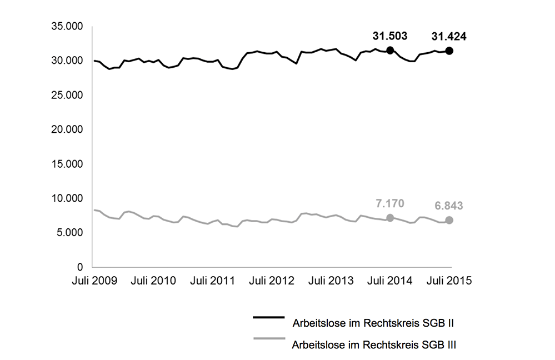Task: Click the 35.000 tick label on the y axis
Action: (67, 26)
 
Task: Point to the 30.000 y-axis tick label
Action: (67, 61)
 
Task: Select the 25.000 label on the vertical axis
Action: (67, 95)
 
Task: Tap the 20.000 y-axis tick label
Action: (67, 129)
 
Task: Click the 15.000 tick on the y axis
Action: (67, 164)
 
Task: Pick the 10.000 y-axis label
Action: (67, 198)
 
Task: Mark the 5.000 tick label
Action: (69, 233)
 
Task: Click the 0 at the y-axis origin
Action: (79, 267)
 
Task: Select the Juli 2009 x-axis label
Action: (94, 281)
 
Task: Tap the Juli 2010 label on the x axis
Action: (154, 281)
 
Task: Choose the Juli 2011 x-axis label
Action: (213, 281)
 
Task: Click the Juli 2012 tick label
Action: (272, 281)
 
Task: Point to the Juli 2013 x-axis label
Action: (331, 281)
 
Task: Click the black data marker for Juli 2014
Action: (390, 51)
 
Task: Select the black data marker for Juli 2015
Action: (449, 51)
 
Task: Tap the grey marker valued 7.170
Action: (390, 218)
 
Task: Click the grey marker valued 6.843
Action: (449, 220)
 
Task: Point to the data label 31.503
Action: (390, 36)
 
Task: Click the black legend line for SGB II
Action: (268, 317)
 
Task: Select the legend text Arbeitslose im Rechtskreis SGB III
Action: (374, 344)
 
